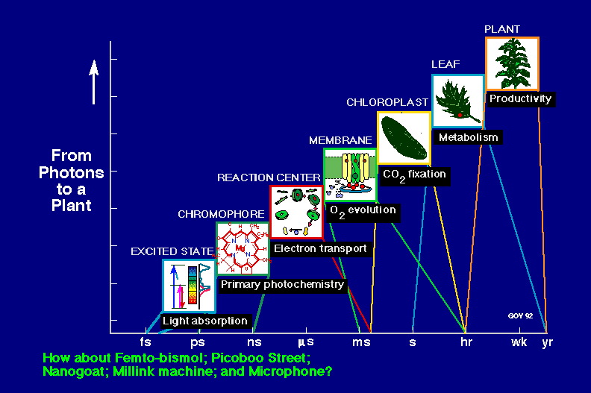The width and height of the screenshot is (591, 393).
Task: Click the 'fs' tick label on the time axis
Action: click(x=146, y=342)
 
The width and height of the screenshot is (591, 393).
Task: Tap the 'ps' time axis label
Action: click(x=198, y=343)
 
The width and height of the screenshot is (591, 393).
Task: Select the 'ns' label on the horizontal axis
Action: click(x=254, y=342)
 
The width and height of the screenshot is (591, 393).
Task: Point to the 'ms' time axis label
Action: click(x=361, y=342)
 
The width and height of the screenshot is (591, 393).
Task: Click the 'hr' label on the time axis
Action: click(x=466, y=342)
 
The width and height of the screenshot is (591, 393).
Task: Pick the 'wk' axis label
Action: click(x=519, y=342)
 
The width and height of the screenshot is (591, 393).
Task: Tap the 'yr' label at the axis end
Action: click(x=548, y=343)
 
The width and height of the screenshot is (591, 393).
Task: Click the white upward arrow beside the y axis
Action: click(x=94, y=82)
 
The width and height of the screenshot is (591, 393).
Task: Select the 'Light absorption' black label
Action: click(x=205, y=321)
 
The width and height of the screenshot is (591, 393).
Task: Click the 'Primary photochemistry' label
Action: click(x=282, y=284)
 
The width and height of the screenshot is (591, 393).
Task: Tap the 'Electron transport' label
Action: click(x=320, y=248)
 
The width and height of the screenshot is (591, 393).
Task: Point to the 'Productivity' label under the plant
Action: click(x=521, y=98)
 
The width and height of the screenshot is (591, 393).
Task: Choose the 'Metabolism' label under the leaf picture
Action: click(x=469, y=137)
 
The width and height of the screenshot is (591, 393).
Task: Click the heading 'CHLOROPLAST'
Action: click(x=387, y=102)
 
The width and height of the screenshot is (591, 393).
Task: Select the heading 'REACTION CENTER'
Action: click(x=269, y=177)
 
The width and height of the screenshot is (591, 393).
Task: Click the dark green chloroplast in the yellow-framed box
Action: click(x=404, y=137)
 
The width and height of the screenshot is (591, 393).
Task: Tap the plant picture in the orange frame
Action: click(x=512, y=63)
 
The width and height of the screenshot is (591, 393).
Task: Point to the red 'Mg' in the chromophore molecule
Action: click(x=240, y=248)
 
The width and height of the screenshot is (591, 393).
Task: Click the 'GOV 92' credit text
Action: click(x=521, y=315)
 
